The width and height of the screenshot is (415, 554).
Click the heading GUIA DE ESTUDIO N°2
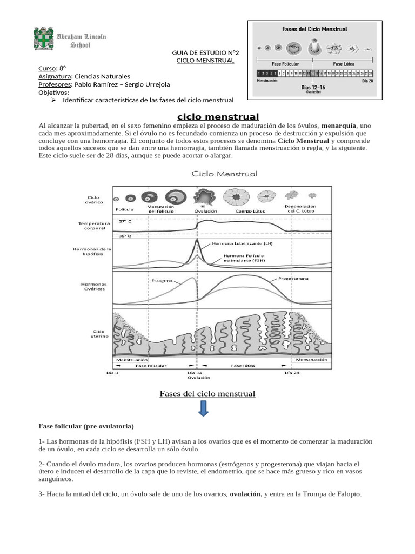point(205,52)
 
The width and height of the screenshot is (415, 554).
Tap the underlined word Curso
point(47,68)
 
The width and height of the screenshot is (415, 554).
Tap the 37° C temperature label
point(125,221)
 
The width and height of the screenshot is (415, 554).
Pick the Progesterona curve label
point(293,279)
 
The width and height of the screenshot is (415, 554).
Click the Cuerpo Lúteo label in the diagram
point(245,212)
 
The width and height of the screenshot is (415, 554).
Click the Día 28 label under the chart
point(292,373)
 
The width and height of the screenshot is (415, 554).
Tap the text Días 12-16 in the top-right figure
point(313,87)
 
